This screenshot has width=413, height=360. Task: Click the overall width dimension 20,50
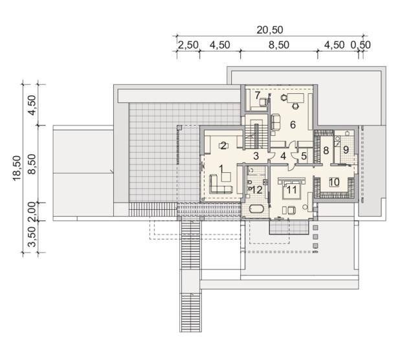270,30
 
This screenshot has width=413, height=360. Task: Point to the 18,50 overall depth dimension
17,168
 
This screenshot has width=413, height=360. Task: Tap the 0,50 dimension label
361,45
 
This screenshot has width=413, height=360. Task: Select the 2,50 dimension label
188,45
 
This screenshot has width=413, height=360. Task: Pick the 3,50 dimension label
32,236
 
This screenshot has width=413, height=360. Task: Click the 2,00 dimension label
32,211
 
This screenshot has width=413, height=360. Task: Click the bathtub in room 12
256,209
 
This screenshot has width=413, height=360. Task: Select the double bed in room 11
291,188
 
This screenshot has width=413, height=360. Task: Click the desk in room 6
295,98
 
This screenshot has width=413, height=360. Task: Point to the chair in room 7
263,102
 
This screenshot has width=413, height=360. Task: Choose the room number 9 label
346,150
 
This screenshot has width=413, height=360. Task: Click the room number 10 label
334,182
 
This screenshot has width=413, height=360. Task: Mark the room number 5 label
304,156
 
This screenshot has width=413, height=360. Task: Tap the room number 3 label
256,156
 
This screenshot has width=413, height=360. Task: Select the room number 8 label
326,150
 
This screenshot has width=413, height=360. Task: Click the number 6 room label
293,125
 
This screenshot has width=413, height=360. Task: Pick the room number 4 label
283,156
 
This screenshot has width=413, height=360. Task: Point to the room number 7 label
258,95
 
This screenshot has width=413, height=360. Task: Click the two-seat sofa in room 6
276,122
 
